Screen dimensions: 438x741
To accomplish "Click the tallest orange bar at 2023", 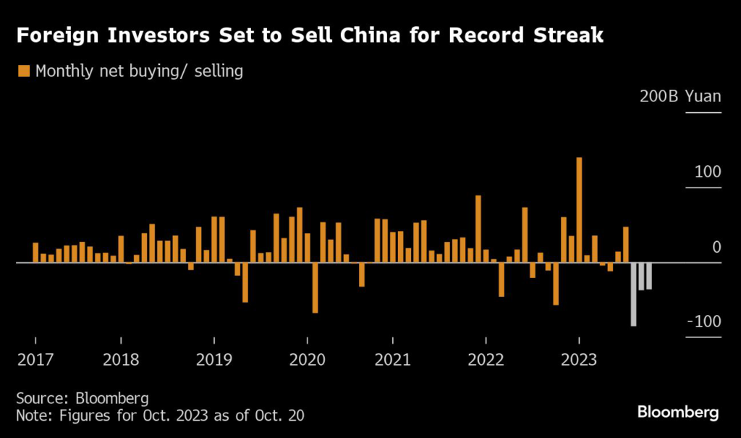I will click(579, 210).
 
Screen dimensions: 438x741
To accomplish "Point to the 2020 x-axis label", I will click(308, 360).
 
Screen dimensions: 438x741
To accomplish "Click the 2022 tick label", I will click(486, 360).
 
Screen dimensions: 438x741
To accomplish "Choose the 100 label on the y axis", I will click(707, 172).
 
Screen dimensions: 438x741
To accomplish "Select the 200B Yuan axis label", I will click(680, 96).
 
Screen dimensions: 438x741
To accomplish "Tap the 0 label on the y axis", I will click(716, 248).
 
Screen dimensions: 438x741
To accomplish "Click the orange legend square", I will click(24, 71).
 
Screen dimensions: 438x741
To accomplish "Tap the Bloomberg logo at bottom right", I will click(678, 413).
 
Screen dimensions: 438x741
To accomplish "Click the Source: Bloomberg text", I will click(82, 398).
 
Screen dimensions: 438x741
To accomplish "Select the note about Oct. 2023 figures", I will click(160, 416).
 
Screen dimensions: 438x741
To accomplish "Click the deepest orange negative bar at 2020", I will click(315, 287).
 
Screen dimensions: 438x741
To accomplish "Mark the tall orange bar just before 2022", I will click(478, 229).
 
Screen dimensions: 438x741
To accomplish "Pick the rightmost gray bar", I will click(649, 276).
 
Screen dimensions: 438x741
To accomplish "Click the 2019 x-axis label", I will click(214, 360).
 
